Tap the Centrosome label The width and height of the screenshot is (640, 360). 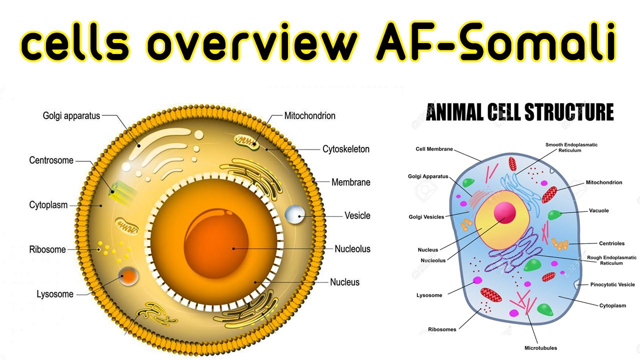point(51,160)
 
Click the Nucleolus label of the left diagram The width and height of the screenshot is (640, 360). point(352,249)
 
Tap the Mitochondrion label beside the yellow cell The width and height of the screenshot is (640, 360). point(309,116)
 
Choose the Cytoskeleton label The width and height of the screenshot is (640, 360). point(345,149)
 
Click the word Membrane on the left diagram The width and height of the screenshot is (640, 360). point(350,182)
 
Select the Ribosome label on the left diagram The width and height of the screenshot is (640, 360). point(47,249)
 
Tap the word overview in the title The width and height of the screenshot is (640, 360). point(251,43)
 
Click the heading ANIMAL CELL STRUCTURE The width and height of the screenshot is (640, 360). point(519,112)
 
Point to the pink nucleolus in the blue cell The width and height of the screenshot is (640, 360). point(504,212)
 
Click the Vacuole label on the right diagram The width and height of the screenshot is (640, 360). point(598,210)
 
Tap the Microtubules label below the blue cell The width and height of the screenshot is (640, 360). point(540,347)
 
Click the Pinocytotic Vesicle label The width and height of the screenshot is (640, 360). point(612,284)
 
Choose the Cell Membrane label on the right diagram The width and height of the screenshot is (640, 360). point(434,149)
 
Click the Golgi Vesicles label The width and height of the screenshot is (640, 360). point(426,217)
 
